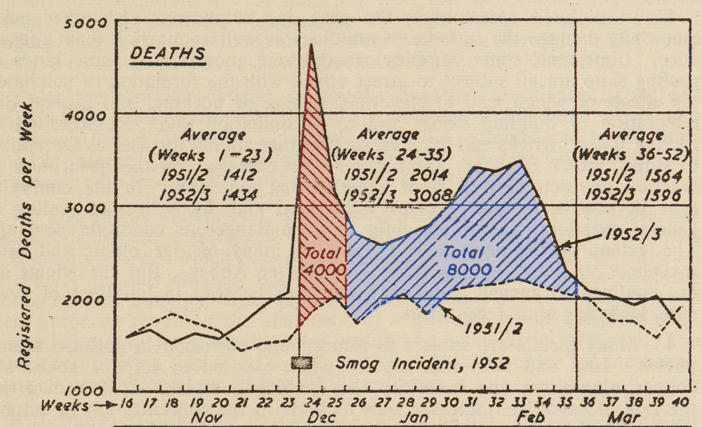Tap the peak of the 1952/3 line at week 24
(311, 45)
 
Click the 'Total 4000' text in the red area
(323, 261)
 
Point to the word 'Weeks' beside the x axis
(65, 405)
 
